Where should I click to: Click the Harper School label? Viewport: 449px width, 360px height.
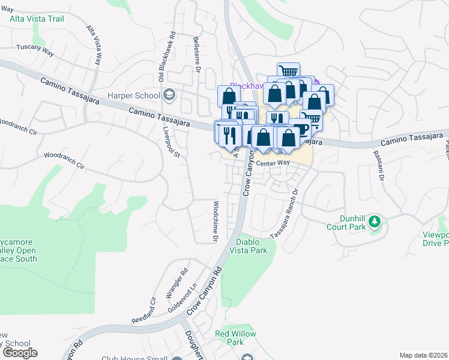pyautogui.click(x=133, y=95)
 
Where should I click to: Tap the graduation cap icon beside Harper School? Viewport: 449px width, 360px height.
pyautogui.click(x=170, y=95)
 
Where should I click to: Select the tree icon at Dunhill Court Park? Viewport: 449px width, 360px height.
pyautogui.click(x=375, y=222)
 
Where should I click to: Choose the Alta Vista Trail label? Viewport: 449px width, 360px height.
pyautogui.click(x=37, y=19)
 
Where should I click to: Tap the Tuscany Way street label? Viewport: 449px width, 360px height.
pyautogui.click(x=35, y=50)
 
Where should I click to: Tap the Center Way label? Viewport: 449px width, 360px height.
pyautogui.click(x=273, y=163)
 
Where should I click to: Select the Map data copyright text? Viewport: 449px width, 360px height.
pyautogui.click(x=423, y=355)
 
